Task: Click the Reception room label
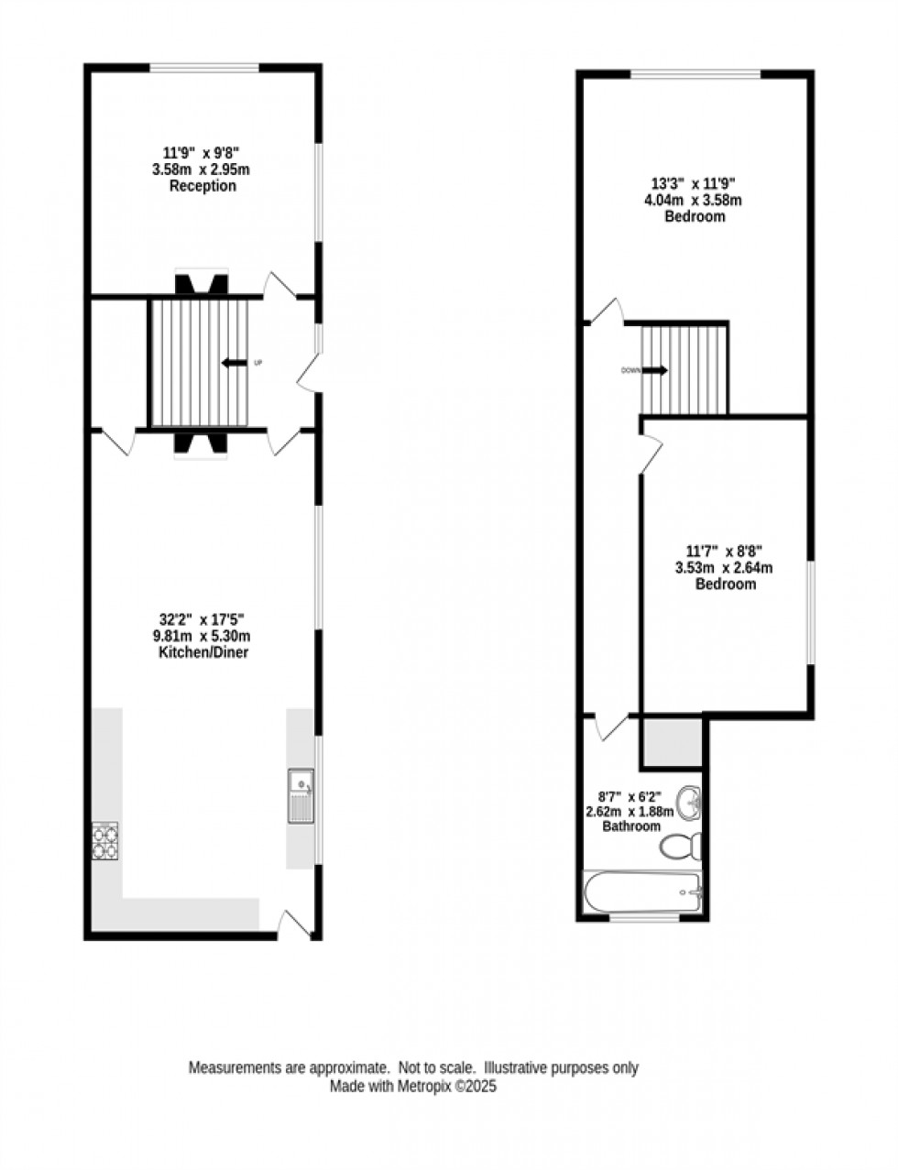pos(203,186)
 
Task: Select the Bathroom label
pos(630,826)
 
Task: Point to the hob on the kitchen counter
pos(105,841)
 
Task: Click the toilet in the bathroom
pos(682,846)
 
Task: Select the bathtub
pos(642,892)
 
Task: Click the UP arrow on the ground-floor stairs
pos(235,364)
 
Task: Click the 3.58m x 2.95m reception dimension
pos(202,169)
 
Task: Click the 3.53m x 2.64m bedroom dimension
pos(724,567)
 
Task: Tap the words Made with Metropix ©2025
pos(413,1087)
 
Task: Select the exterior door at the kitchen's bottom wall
pos(295,924)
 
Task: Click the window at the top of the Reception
pos(204,66)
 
